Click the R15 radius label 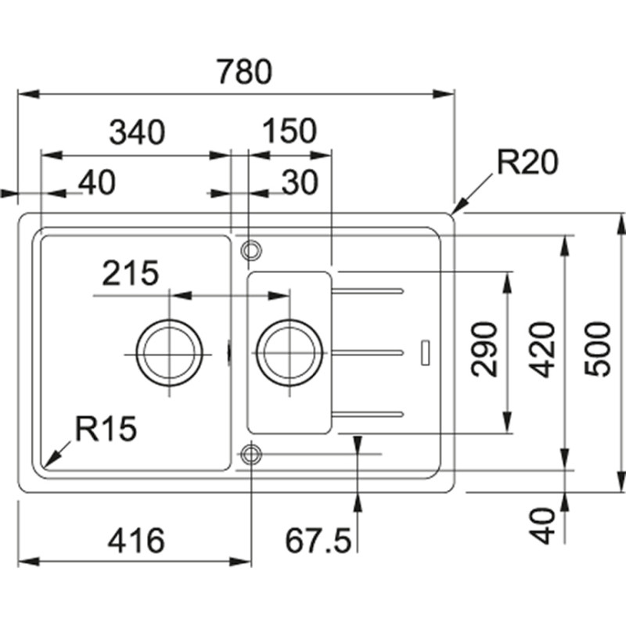(106, 428)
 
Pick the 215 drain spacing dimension (130, 273)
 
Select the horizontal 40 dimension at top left (97, 182)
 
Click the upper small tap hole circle (251, 250)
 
